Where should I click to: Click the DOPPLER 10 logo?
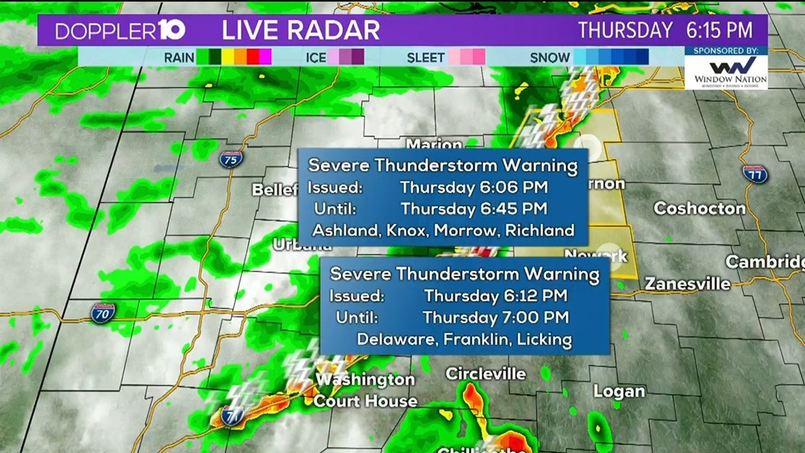(120, 30)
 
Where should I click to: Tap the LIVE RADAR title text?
(301, 30)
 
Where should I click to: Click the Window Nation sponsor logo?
(726, 69)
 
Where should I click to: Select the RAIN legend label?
(179, 57)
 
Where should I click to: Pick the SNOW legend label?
(550, 57)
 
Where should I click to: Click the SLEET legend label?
(426, 57)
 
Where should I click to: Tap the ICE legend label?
(315, 57)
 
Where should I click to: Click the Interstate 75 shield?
(230, 158)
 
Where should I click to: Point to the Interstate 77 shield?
(755, 173)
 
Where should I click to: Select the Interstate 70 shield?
(103, 312)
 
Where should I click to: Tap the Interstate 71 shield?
(230, 416)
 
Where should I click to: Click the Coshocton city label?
(699, 208)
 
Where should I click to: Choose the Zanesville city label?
(687, 284)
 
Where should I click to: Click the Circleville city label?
(486, 373)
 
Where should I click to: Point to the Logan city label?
(619, 392)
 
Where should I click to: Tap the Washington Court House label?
(365, 390)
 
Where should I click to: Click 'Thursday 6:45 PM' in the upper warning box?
(474, 209)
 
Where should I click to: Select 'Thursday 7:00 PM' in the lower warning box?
(496, 318)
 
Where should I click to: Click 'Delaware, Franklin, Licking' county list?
(464, 339)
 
